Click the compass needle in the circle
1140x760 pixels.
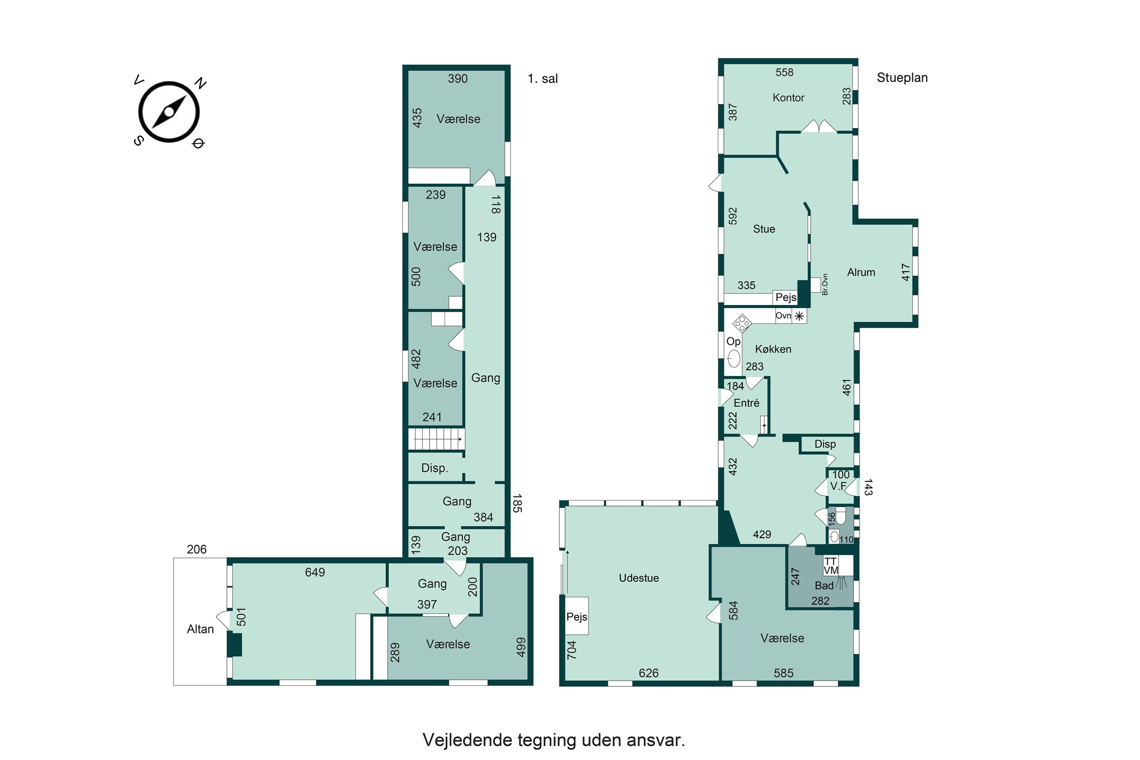click(x=169, y=112)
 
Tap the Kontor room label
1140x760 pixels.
click(x=788, y=98)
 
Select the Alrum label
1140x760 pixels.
click(x=861, y=272)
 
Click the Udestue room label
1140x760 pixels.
click(x=638, y=578)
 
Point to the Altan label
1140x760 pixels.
click(x=200, y=629)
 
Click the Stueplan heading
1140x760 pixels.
click(x=902, y=78)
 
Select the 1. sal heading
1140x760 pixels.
click(x=542, y=79)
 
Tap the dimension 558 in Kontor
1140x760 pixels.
click(x=784, y=72)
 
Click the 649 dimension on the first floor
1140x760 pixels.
click(x=315, y=572)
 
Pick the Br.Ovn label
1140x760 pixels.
click(x=825, y=285)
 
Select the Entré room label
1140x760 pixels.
click(x=746, y=403)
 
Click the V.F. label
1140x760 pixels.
click(x=838, y=486)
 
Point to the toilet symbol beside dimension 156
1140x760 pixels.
click(x=841, y=516)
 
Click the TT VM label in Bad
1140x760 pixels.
click(x=831, y=566)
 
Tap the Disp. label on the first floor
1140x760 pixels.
click(x=434, y=468)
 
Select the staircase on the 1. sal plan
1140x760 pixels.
click(x=436, y=439)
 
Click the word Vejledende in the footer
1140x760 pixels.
click(x=467, y=740)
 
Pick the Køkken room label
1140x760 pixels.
click(x=773, y=349)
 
